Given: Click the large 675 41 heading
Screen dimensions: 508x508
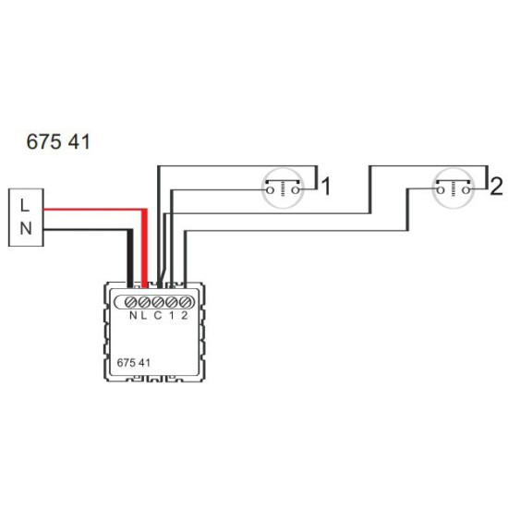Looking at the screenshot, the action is (x=58, y=142).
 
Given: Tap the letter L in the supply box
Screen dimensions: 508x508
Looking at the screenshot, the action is (x=25, y=205).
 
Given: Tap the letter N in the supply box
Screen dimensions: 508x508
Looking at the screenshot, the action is (x=26, y=228).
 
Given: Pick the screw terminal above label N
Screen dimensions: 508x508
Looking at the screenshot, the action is (x=130, y=302).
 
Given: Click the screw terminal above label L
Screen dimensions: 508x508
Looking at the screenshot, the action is (x=144, y=302).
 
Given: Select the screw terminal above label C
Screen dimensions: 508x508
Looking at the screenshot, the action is (x=158, y=302).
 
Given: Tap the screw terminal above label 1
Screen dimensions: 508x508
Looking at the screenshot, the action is (x=172, y=302).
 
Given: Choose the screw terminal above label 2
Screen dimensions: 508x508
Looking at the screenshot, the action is (x=185, y=302).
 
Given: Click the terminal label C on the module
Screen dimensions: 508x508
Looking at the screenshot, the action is (x=157, y=315).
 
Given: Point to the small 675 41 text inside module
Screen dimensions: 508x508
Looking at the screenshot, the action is (x=134, y=363).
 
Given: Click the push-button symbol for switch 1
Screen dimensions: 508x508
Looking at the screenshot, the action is (x=283, y=187).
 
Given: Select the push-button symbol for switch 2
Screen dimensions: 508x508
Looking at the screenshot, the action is (x=454, y=187).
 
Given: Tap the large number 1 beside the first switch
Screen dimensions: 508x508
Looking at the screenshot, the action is (x=326, y=187).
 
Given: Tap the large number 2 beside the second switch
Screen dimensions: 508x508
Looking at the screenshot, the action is (x=496, y=187).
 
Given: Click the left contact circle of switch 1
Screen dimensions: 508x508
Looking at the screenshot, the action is (x=270, y=190).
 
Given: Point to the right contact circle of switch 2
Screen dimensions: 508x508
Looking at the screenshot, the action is (x=466, y=190).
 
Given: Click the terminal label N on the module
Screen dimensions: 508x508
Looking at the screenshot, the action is (x=133, y=315).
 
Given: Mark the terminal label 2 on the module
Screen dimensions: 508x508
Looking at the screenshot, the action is (x=185, y=315).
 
